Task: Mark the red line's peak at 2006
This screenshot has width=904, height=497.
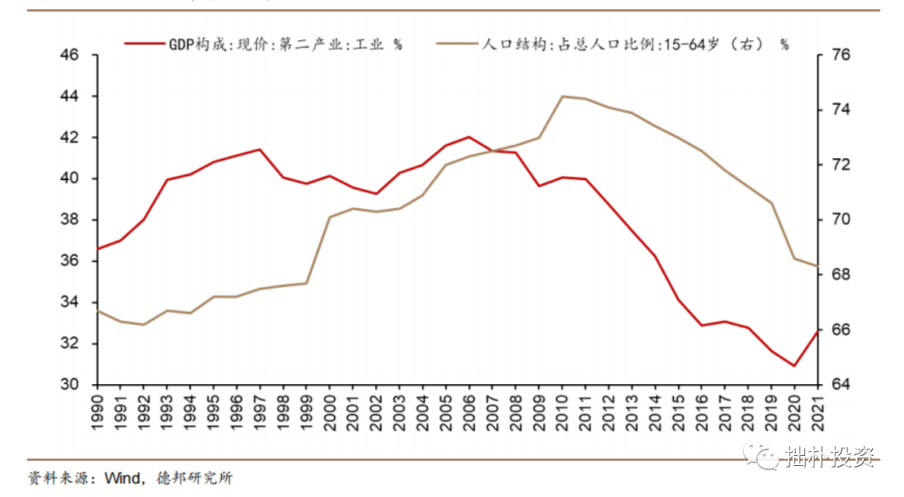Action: tap(469, 136)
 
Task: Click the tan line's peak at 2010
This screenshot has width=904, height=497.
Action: tap(562, 96)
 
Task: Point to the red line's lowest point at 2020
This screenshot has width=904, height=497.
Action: tap(794, 366)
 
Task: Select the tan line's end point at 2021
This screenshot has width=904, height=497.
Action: tap(817, 265)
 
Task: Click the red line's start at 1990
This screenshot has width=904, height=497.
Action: tap(98, 248)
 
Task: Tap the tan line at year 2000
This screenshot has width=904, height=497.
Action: tap(330, 217)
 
